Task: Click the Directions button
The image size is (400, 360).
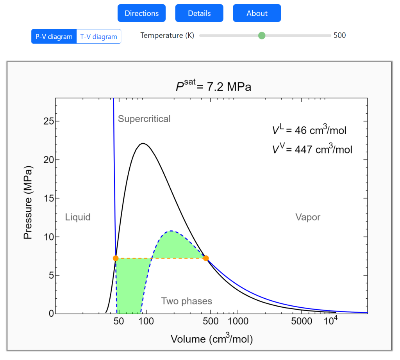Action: click(x=141, y=13)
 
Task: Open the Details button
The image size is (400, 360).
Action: click(x=199, y=13)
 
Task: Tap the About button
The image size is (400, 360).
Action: click(x=257, y=13)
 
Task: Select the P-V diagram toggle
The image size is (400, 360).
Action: click(x=54, y=37)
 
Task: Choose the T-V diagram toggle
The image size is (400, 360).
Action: click(x=99, y=37)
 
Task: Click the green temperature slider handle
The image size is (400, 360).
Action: click(x=262, y=36)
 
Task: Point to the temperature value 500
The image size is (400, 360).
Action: click(x=339, y=36)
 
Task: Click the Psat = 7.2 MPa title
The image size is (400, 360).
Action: click(x=213, y=86)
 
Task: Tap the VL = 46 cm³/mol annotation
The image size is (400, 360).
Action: click(x=309, y=130)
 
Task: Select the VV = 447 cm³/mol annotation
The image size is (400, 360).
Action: click(x=312, y=148)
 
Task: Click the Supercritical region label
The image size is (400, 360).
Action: click(x=144, y=119)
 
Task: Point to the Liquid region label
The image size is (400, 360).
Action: click(x=78, y=217)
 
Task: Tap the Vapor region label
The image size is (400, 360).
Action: click(x=308, y=217)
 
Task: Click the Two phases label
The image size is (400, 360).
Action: click(x=187, y=301)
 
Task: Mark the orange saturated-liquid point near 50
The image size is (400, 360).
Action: click(x=116, y=258)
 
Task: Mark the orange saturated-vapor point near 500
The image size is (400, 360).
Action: click(x=206, y=258)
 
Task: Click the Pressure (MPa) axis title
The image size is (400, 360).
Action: click(x=28, y=202)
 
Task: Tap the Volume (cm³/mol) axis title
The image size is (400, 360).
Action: click(x=212, y=339)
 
